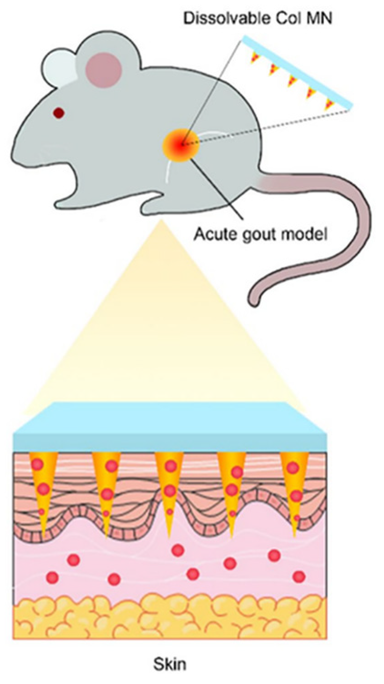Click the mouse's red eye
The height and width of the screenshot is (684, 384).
pyautogui.click(x=59, y=113)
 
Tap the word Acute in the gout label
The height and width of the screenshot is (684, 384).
pyautogui.click(x=211, y=234)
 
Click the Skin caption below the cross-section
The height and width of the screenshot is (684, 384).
pyautogui.click(x=169, y=664)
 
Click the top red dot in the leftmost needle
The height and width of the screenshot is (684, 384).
pyautogui.click(x=37, y=465)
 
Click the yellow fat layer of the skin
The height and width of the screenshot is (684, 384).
pyautogui.click(x=169, y=617)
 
